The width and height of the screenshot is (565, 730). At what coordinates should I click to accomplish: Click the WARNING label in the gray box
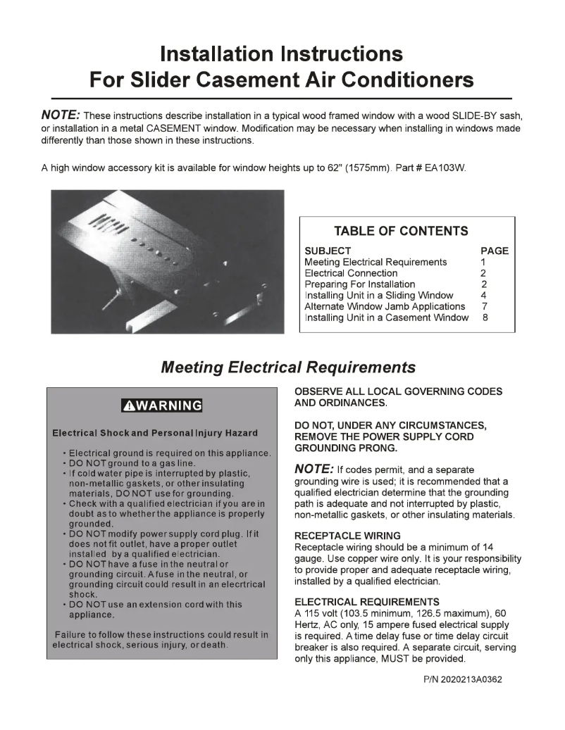pyautogui.click(x=168, y=405)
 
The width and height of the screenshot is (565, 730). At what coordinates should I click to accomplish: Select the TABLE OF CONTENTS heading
pyautogui.click(x=400, y=232)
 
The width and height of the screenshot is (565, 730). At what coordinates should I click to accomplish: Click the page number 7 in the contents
pyautogui.click(x=485, y=306)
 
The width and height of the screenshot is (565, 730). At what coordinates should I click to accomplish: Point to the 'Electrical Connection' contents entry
pyautogui.click(x=351, y=273)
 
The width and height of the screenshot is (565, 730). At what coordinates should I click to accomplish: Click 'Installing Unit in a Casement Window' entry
pyautogui.click(x=386, y=317)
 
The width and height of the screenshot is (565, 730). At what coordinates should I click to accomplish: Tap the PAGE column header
pyautogui.click(x=494, y=251)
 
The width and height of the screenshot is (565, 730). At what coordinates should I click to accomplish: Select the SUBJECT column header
pyautogui.click(x=328, y=251)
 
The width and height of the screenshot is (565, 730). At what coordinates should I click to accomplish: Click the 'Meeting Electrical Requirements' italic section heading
pyautogui.click(x=288, y=367)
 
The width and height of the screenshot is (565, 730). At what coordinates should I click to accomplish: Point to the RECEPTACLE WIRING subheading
pyautogui.click(x=347, y=536)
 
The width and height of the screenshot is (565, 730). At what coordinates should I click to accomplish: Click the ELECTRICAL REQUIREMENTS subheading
pyautogui.click(x=366, y=602)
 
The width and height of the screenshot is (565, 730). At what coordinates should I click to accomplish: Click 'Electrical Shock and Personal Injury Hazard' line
pyautogui.click(x=155, y=433)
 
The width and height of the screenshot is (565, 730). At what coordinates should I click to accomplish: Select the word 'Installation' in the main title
pyautogui.click(x=217, y=54)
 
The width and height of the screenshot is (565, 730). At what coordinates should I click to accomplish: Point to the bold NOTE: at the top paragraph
pyautogui.click(x=61, y=115)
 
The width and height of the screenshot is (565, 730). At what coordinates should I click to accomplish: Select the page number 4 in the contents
pyautogui.click(x=484, y=296)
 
